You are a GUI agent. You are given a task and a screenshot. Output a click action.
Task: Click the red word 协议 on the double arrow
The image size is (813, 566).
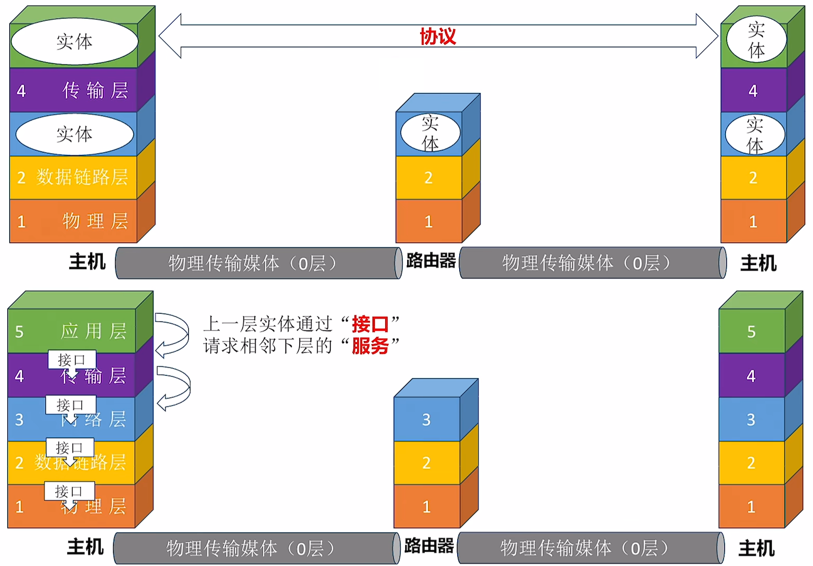(438, 36)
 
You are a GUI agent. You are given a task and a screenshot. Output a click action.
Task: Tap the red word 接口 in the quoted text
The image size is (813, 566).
(370, 324)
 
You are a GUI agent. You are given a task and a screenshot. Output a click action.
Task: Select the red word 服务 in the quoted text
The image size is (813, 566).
(370, 346)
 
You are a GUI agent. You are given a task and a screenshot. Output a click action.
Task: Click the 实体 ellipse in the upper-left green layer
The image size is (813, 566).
(74, 41)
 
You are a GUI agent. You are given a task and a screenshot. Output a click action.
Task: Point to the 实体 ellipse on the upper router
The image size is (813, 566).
(430, 133)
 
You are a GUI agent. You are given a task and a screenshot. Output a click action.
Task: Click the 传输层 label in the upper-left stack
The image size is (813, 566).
(95, 90)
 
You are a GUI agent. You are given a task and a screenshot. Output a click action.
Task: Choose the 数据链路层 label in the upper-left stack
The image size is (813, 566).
(82, 177)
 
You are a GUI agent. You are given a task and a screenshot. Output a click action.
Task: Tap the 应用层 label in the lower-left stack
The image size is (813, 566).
(94, 331)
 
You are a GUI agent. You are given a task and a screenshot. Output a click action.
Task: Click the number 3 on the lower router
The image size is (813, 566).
(426, 420)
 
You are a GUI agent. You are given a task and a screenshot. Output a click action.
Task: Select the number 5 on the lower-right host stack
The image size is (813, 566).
(751, 332)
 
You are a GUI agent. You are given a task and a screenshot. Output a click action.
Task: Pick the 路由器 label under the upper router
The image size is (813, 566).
(431, 261)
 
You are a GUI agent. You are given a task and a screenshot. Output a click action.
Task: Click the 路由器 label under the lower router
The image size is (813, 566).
(429, 546)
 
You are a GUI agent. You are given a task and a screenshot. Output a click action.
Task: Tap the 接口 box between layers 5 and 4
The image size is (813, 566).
(72, 360)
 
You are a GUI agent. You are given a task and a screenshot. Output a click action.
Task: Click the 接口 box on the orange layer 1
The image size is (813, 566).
(69, 491)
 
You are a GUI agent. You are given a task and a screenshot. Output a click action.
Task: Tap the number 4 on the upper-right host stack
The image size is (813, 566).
(753, 91)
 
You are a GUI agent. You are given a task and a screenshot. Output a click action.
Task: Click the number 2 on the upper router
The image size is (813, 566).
(428, 177)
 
